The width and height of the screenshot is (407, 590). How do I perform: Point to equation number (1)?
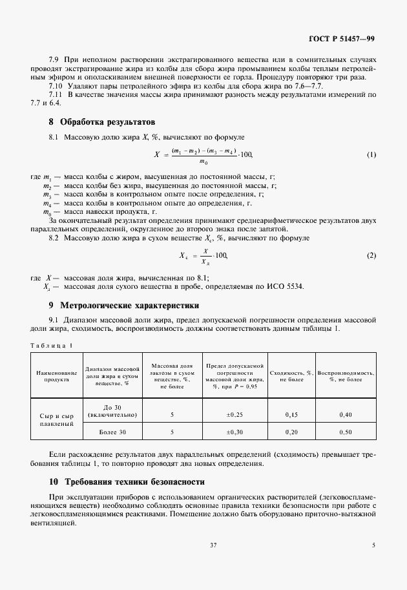point(371,155)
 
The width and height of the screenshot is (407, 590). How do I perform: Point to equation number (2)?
point(371,255)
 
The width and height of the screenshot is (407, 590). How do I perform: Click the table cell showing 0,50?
point(346,432)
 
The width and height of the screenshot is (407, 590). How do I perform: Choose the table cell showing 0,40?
point(346,414)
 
